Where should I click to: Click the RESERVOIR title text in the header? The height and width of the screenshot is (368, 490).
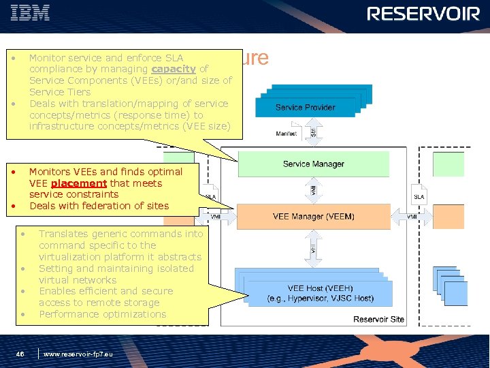pos(423,14)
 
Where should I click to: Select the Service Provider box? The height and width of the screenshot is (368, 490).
pos(305,107)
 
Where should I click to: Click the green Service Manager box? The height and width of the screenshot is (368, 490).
pos(313,164)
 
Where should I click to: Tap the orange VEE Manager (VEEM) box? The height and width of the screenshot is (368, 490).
pos(313,217)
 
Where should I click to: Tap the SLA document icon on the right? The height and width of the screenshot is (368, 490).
pos(420,194)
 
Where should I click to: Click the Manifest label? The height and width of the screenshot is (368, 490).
pos(286,134)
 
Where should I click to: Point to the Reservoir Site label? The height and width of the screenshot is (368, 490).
pos(378,320)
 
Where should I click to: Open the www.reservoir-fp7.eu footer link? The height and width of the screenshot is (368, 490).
pos(78,354)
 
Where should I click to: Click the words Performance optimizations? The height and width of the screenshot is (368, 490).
pos(102,314)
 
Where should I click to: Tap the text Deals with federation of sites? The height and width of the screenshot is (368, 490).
pos(99,206)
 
